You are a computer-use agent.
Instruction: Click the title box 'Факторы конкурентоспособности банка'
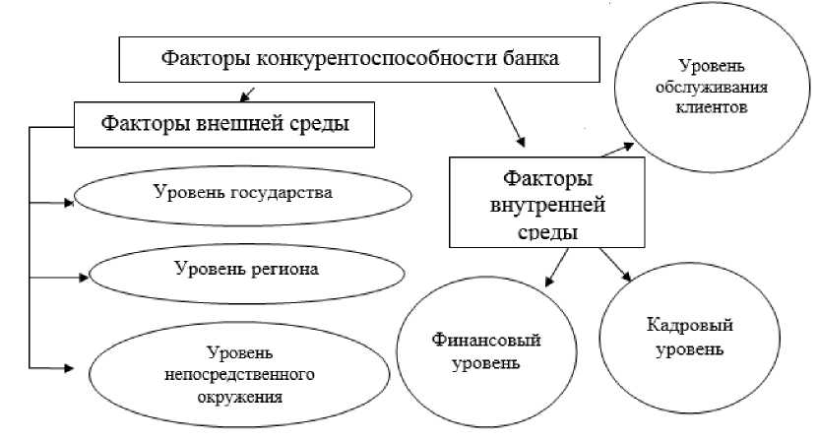coord(359,58)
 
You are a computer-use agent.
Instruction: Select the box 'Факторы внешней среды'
coord(225,125)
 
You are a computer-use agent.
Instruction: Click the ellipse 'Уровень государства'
coord(242,191)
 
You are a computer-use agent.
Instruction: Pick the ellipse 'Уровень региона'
coord(246,268)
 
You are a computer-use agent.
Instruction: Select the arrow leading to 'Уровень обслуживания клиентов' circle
coord(619,149)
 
